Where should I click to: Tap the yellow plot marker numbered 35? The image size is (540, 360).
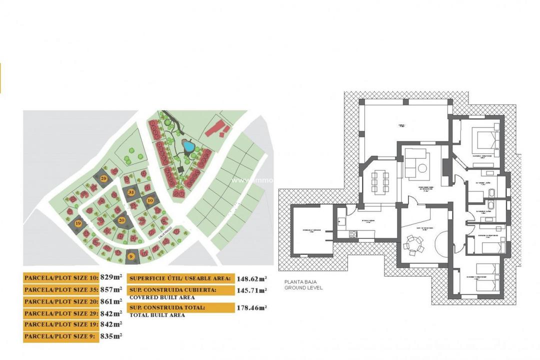pos(131,192)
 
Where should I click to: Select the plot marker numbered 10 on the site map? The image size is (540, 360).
pos(150,200)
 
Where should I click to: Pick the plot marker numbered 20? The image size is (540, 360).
pos(121,219)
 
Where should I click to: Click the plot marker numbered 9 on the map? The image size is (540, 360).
pos(131,256)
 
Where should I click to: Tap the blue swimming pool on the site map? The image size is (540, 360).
pos(189,146)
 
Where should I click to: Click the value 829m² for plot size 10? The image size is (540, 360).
pos(111,277)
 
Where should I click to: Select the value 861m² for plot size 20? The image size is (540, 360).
pos(111,301)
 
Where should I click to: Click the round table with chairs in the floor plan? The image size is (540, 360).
pos(413,245)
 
